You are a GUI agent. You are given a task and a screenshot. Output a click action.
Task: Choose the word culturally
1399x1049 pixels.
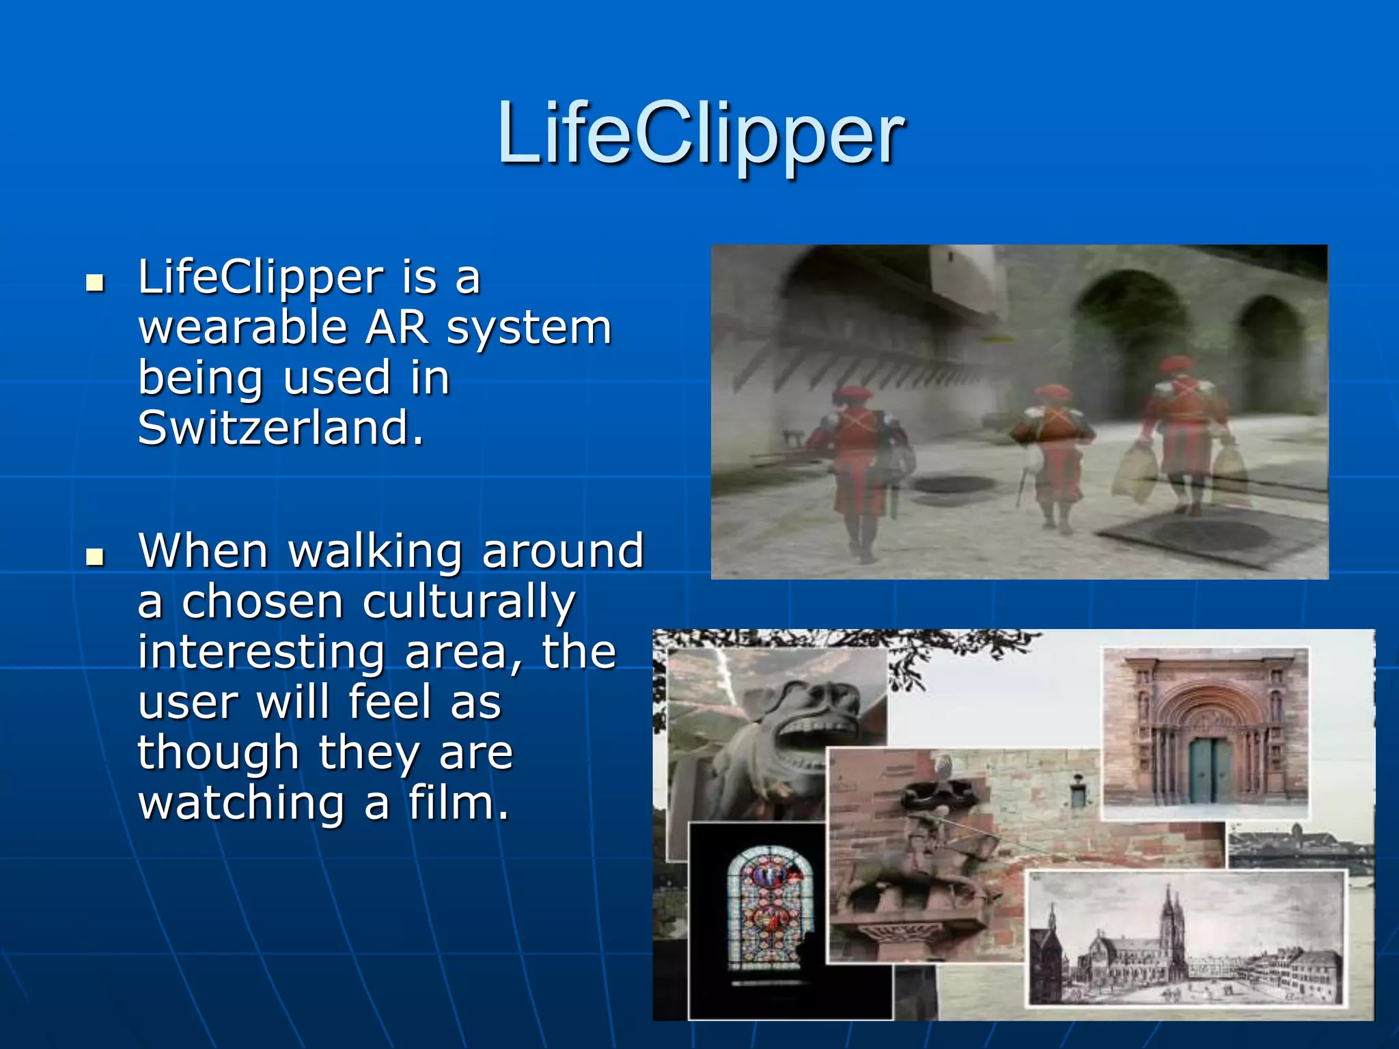(469, 602)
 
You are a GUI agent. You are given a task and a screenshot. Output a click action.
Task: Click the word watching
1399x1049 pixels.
(242, 803)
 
